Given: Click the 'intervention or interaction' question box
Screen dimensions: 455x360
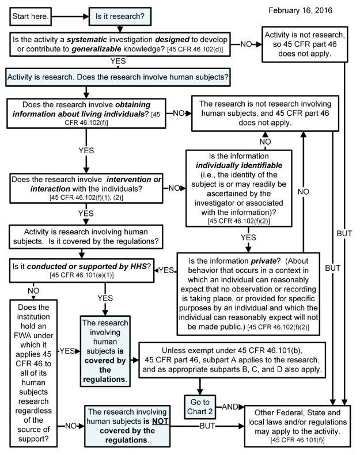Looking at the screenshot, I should [85, 188].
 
